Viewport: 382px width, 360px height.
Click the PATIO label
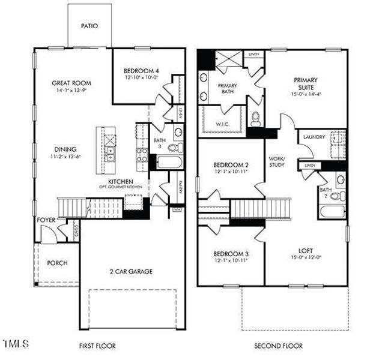(89, 26)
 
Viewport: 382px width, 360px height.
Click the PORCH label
(56, 263)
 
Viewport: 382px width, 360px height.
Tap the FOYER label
(46, 220)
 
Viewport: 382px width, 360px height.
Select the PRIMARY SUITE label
(305, 83)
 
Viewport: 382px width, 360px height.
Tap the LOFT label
(306, 251)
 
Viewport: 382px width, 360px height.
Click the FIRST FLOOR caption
(97, 346)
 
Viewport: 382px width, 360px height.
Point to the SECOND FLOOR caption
(278, 346)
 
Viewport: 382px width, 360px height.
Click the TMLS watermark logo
(16, 344)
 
